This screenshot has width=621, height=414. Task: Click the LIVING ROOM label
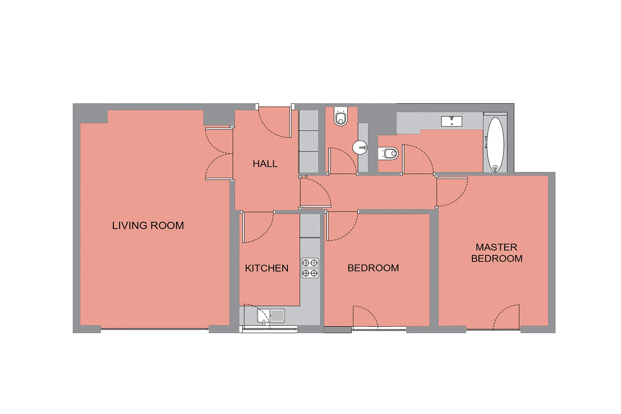pos(148,226)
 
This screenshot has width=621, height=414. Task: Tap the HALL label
pos(265,164)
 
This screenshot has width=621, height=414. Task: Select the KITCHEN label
pos(267,268)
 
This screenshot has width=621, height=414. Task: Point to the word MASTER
pos(496,247)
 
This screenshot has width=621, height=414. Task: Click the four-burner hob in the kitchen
pos(310,268)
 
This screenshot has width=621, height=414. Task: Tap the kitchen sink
pos(271,315)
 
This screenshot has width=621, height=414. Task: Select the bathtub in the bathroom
pos(496,144)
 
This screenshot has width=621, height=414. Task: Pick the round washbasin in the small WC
pos(360,147)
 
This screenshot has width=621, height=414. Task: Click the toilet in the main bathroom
pos(388,153)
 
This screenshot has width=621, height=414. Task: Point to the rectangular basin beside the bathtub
pos(452,121)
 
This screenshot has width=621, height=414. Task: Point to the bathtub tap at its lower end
pos(495,168)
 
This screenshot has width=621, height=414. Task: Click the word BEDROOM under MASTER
pos(497,258)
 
